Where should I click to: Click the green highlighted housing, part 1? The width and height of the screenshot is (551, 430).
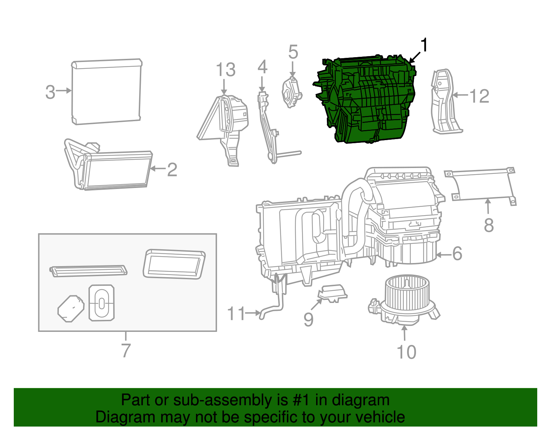[367, 100]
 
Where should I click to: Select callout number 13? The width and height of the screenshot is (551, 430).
[226, 70]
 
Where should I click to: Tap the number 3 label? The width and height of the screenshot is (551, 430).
[50, 92]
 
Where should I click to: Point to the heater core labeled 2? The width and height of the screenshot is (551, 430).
[117, 170]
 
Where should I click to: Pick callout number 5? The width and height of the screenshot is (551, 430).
[293, 52]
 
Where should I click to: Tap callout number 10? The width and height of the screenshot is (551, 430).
[406, 352]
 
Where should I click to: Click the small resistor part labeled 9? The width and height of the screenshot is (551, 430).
[332, 293]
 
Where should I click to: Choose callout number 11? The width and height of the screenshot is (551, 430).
[236, 314]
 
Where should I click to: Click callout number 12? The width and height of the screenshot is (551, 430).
[479, 96]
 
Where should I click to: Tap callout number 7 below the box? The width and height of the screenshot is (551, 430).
[126, 350]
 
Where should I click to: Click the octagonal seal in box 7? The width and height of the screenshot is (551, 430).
[71, 308]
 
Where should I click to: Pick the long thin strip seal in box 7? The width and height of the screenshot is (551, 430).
[89, 271]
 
